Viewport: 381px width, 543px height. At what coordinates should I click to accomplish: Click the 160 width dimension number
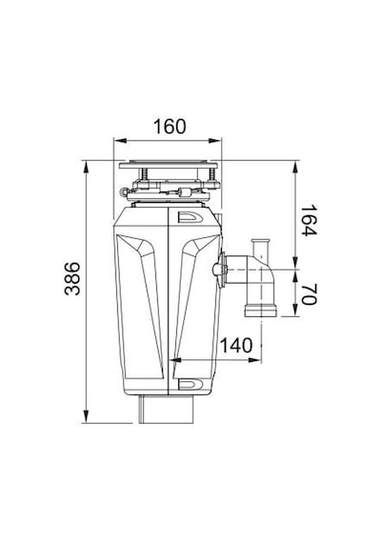[170, 127]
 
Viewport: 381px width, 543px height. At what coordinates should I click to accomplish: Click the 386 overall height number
[72, 278]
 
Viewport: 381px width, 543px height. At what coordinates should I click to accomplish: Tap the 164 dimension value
[308, 220]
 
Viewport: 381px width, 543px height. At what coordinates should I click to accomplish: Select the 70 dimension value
[308, 294]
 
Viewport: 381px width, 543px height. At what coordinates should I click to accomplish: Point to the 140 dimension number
[236, 345]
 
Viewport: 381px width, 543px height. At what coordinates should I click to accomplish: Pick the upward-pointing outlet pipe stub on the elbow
[261, 248]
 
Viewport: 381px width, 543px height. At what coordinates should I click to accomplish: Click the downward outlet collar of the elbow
[261, 311]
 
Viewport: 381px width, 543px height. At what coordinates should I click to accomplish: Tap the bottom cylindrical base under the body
[167, 410]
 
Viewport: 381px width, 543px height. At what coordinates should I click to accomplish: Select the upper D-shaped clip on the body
[190, 217]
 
